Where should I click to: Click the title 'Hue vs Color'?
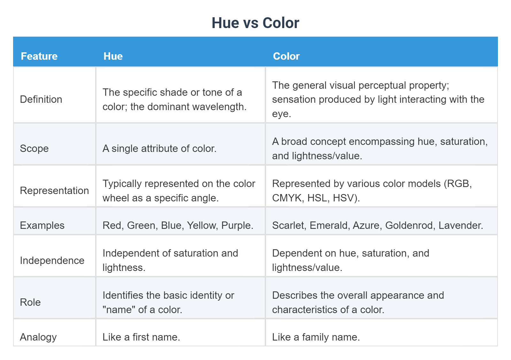255,23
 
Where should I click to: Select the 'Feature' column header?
39,56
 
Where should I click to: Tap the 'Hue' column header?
113,56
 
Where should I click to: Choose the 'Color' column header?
286,56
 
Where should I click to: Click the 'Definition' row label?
41,99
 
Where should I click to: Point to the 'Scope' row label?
34,148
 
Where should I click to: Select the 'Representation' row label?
54,191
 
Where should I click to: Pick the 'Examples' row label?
42,225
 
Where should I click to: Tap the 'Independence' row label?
52,260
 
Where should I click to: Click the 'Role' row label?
30,302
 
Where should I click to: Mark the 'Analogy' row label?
38,337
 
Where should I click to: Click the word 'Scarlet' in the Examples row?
288,225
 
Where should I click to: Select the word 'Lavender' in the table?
460,225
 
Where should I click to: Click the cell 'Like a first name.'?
141,337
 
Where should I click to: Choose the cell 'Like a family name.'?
316,337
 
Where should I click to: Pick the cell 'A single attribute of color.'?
159,148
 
